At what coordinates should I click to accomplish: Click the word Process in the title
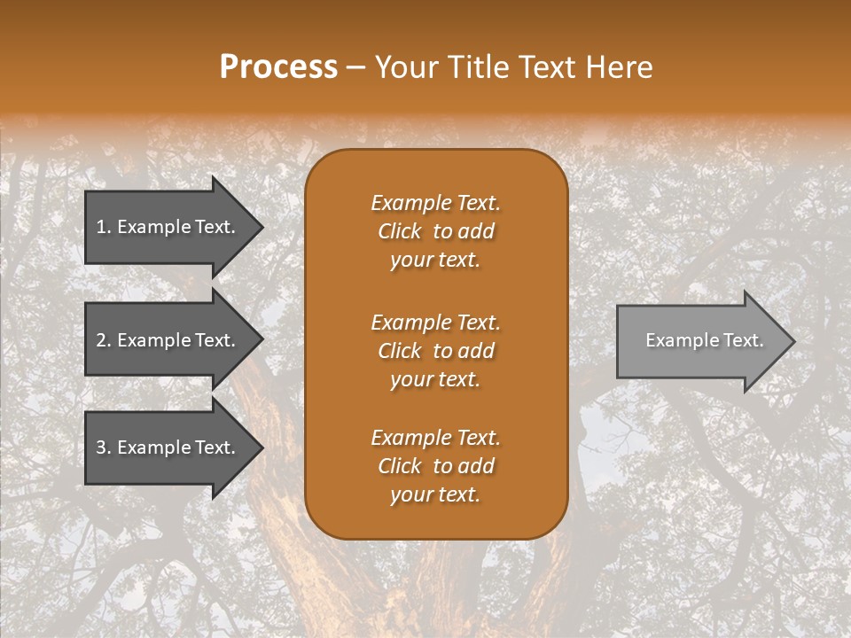tap(278, 67)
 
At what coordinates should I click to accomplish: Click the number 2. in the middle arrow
tap(104, 340)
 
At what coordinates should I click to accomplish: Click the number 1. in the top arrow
tap(104, 227)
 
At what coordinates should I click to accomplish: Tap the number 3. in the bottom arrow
tap(104, 447)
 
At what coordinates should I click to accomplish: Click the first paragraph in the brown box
tap(435, 231)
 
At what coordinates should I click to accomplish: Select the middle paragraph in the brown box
tap(435, 351)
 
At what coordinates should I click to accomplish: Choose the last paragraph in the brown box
tap(435, 466)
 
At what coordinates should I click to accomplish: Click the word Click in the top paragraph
tap(400, 231)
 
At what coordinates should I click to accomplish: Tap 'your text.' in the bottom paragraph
tap(435, 494)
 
